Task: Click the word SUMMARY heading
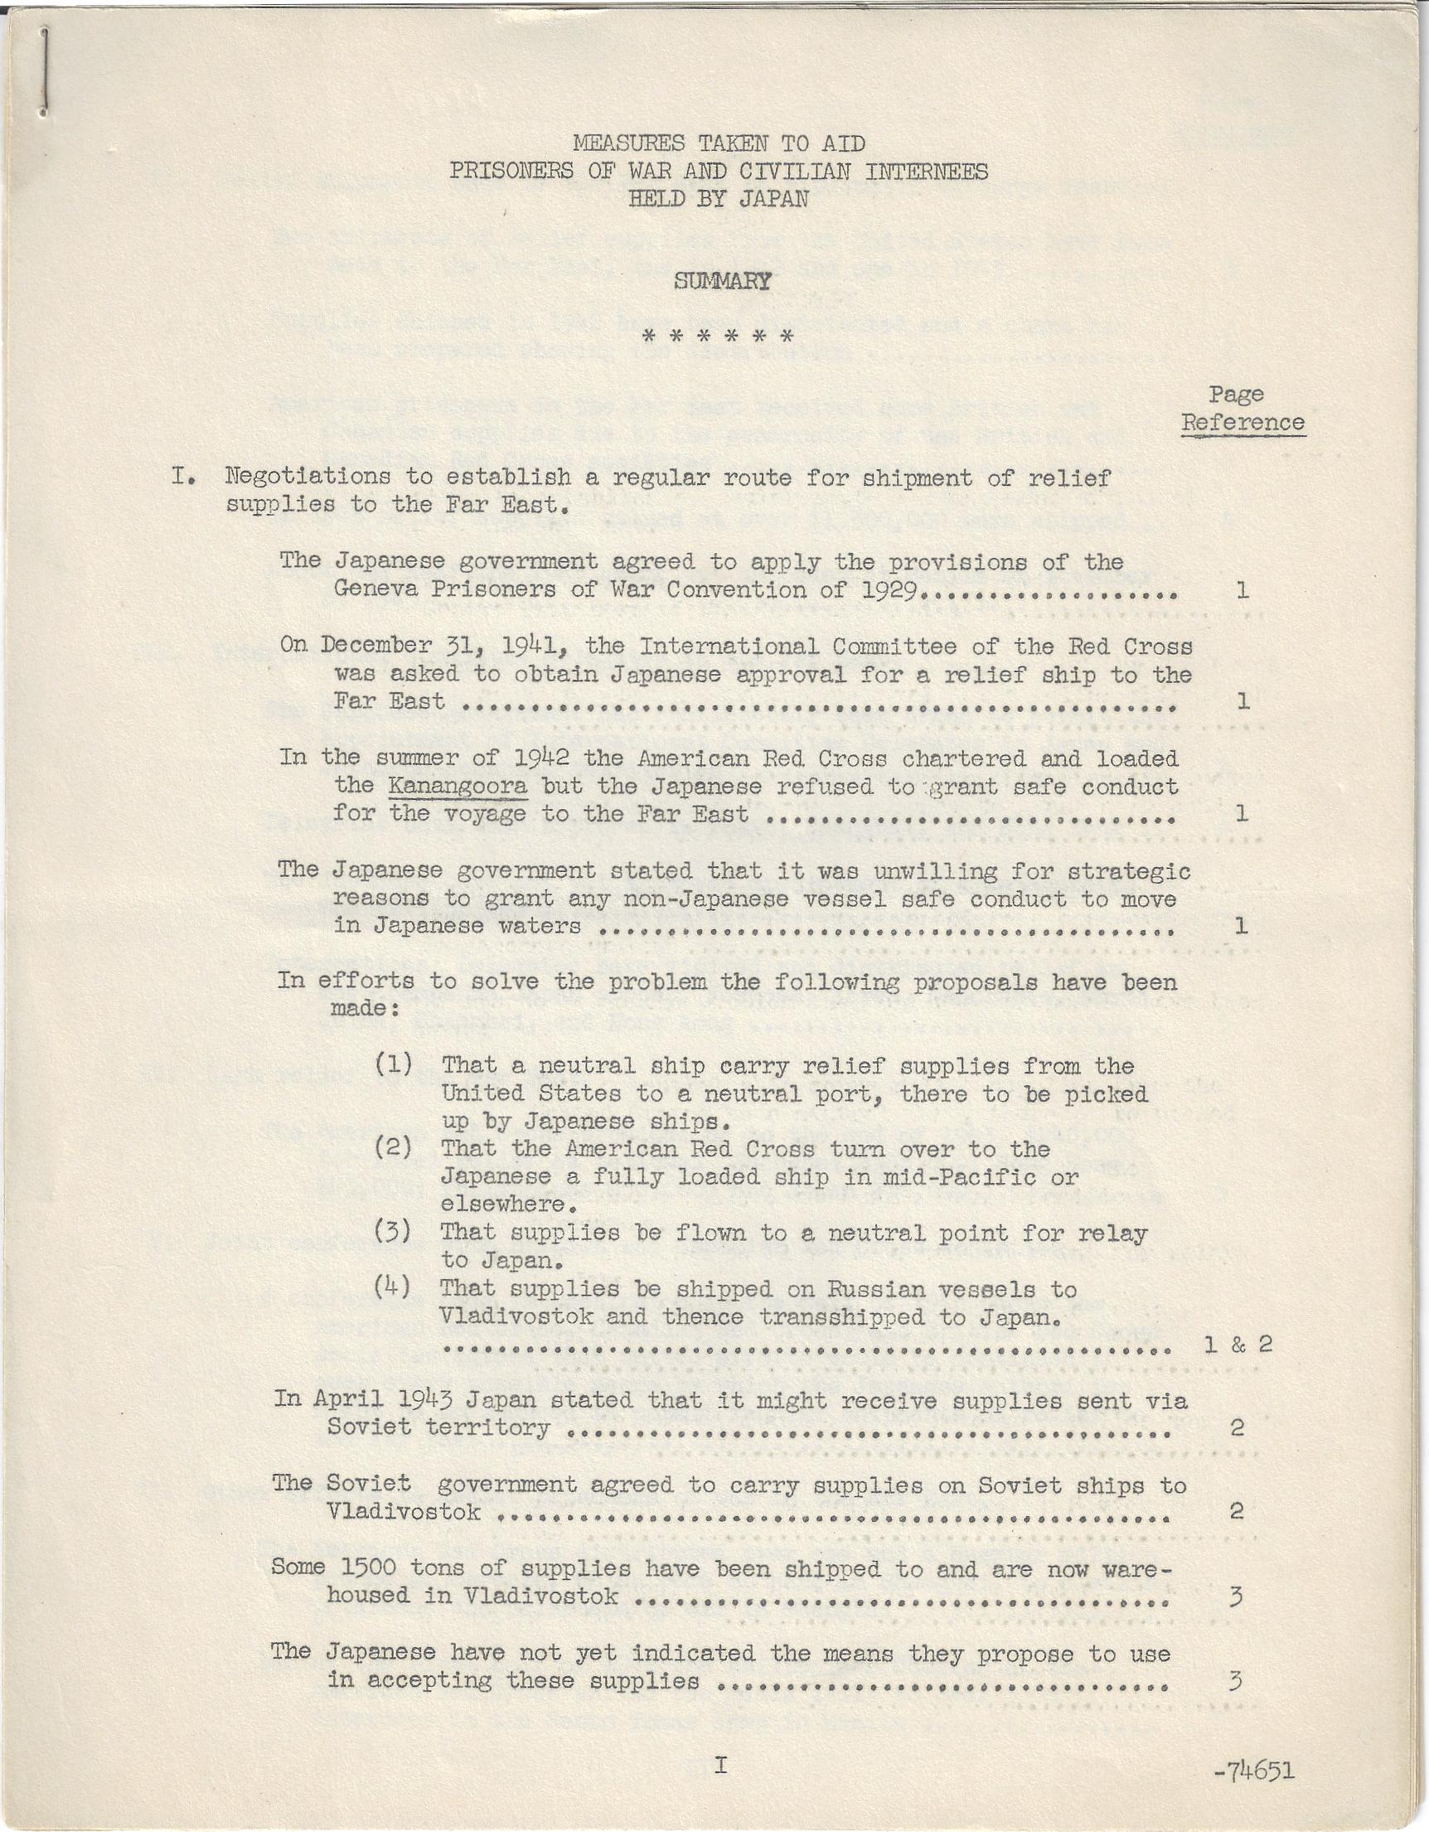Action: tap(722, 281)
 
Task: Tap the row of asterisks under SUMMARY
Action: tap(717, 337)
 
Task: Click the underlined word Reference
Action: tap(1243, 422)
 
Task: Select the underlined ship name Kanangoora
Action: tap(457, 786)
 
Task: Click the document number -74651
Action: tap(1254, 1771)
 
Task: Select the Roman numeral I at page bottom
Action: tap(719, 1764)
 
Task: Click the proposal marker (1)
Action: tap(394, 1064)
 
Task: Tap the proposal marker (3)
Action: tap(394, 1231)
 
